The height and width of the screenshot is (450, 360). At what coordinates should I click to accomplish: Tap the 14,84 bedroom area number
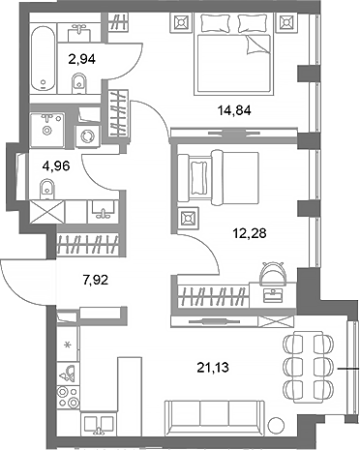tap(231, 109)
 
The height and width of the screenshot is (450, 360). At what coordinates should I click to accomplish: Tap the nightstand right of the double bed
tap(285, 20)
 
